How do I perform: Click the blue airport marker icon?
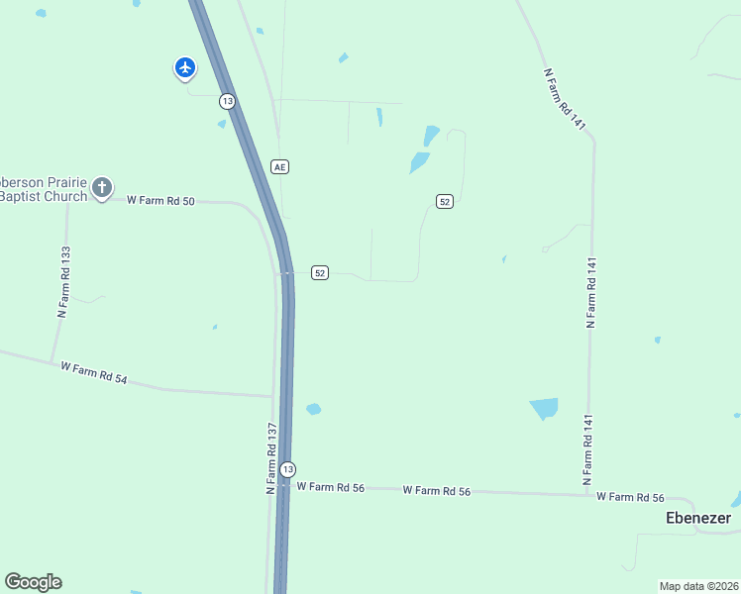tap(185, 67)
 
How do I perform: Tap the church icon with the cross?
tap(102, 187)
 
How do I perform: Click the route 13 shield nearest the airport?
tap(228, 101)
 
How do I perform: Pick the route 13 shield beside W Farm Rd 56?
tap(286, 468)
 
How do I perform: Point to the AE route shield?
tap(280, 166)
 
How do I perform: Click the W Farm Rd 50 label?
tap(160, 200)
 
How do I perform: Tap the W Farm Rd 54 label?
tap(94, 373)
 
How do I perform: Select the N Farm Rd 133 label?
tap(63, 280)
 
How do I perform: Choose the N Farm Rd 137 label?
tap(269, 458)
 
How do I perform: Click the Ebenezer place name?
tap(698, 518)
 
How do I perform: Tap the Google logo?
tap(33, 582)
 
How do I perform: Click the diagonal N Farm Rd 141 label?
tap(566, 97)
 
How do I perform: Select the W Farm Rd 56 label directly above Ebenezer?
tap(630, 497)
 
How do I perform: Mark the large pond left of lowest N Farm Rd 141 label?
tap(544, 408)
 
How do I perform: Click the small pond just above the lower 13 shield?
tap(313, 409)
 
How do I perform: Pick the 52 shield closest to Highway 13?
tap(319, 272)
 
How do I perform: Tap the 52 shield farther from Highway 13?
tap(444, 201)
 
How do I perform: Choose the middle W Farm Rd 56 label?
tap(436, 490)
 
